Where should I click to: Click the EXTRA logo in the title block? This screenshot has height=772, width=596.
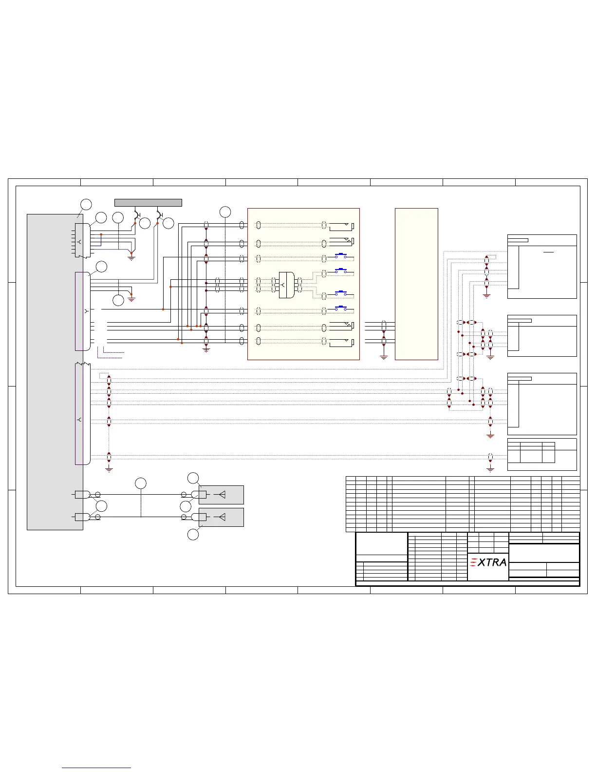pos(488,562)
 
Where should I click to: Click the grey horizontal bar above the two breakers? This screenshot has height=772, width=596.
pos(148,202)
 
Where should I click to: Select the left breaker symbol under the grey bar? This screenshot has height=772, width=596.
pos(137,214)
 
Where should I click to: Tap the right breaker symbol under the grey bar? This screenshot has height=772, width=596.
pos(159,214)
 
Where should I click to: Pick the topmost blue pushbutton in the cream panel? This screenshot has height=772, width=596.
pos(341,255)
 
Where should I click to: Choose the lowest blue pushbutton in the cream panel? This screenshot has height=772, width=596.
pos(341,308)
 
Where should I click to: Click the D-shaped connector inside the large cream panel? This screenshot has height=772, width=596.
pos(286,285)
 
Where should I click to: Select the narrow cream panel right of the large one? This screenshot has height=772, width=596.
pos(416,284)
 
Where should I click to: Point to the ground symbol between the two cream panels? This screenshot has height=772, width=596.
pos(384,357)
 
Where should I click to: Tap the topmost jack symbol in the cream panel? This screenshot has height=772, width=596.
pos(341,226)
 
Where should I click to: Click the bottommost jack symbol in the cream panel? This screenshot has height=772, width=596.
pos(341,343)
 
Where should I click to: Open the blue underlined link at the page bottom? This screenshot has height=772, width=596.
pos(96,768)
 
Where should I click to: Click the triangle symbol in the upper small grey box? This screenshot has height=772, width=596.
pos(222,495)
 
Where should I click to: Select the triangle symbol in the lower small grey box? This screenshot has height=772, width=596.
pos(222,517)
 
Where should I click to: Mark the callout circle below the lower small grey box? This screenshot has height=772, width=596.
pos(193,534)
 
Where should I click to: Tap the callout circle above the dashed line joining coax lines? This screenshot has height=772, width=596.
pos(141,483)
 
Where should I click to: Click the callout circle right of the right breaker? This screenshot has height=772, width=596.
pos(168,223)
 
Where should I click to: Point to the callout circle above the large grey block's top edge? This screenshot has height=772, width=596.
pos(86,204)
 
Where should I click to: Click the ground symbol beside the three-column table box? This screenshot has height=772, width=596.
pos(490,469)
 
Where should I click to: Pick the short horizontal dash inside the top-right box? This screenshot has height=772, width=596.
pos(548,252)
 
